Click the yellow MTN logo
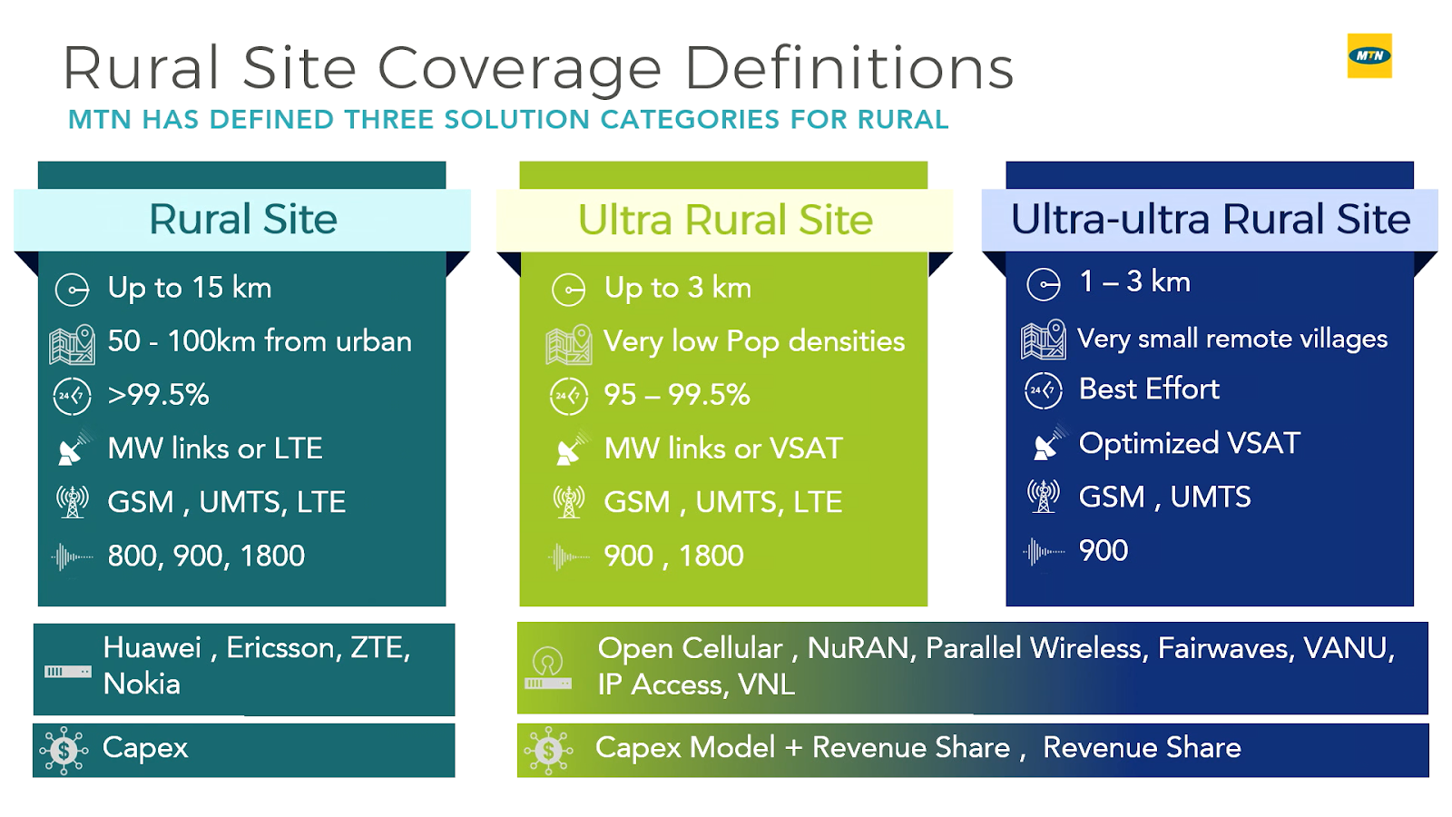(x=1369, y=55)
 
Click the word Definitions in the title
(x=849, y=69)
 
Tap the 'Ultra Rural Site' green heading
(x=725, y=220)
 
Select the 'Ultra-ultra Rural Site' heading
(x=1210, y=220)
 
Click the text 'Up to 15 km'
(x=189, y=288)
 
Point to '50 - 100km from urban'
(x=259, y=341)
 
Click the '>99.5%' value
(x=158, y=395)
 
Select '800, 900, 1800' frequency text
(x=206, y=556)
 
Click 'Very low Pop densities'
(x=753, y=341)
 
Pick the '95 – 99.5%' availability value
(x=676, y=395)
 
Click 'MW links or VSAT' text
(x=723, y=448)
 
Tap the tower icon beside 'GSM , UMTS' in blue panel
(x=1043, y=497)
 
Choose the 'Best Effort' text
(x=1148, y=389)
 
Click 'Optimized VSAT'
(x=1189, y=443)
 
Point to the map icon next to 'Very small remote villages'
(x=1043, y=340)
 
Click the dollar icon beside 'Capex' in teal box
(x=64, y=750)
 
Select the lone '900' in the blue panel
(x=1103, y=550)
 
